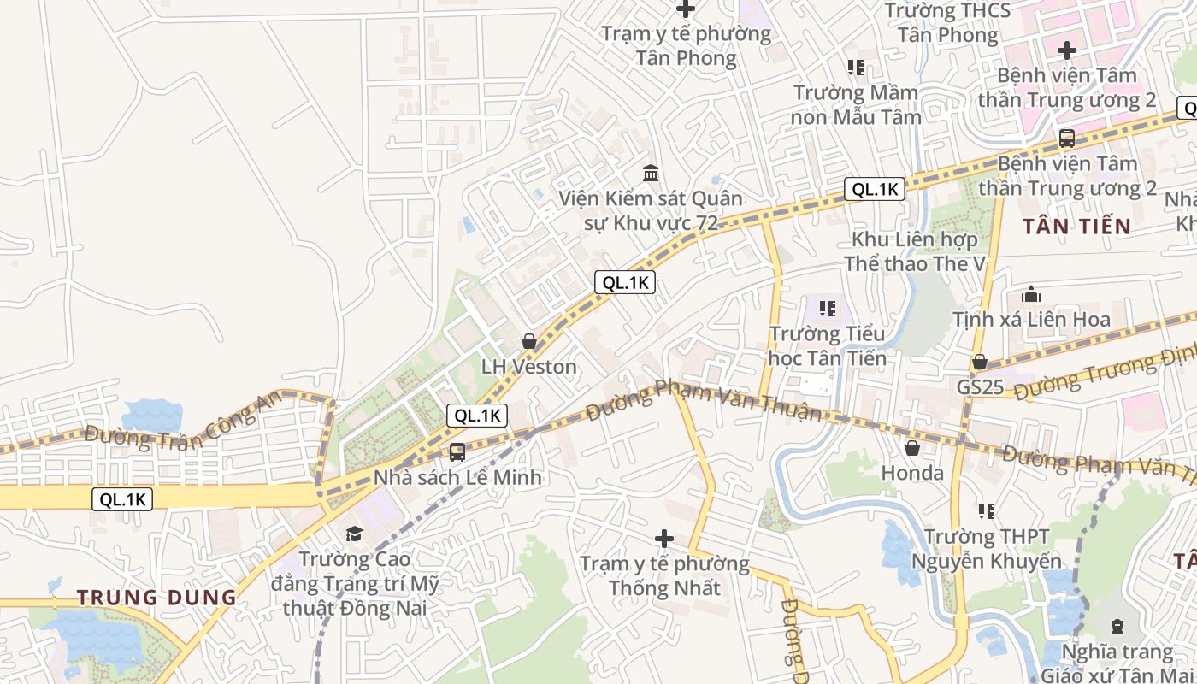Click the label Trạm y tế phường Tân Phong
click(x=686, y=46)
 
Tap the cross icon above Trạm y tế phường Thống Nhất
click(x=664, y=539)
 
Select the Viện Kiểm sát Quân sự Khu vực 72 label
click(x=651, y=210)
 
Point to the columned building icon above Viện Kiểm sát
click(x=651, y=173)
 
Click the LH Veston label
click(x=528, y=367)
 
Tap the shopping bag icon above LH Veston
click(x=529, y=341)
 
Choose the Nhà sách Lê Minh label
click(x=457, y=477)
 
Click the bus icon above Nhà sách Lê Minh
click(x=457, y=451)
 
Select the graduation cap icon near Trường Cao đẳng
click(x=353, y=534)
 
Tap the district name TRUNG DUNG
click(x=156, y=598)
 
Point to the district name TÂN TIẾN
click(x=1076, y=227)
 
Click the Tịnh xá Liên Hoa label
click(x=1031, y=320)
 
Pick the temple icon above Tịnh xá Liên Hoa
click(x=1031, y=295)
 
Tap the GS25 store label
click(x=980, y=386)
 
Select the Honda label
click(x=912, y=473)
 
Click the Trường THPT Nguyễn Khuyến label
click(x=986, y=549)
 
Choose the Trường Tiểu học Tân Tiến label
click(x=827, y=345)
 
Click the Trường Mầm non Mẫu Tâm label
click(x=856, y=104)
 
